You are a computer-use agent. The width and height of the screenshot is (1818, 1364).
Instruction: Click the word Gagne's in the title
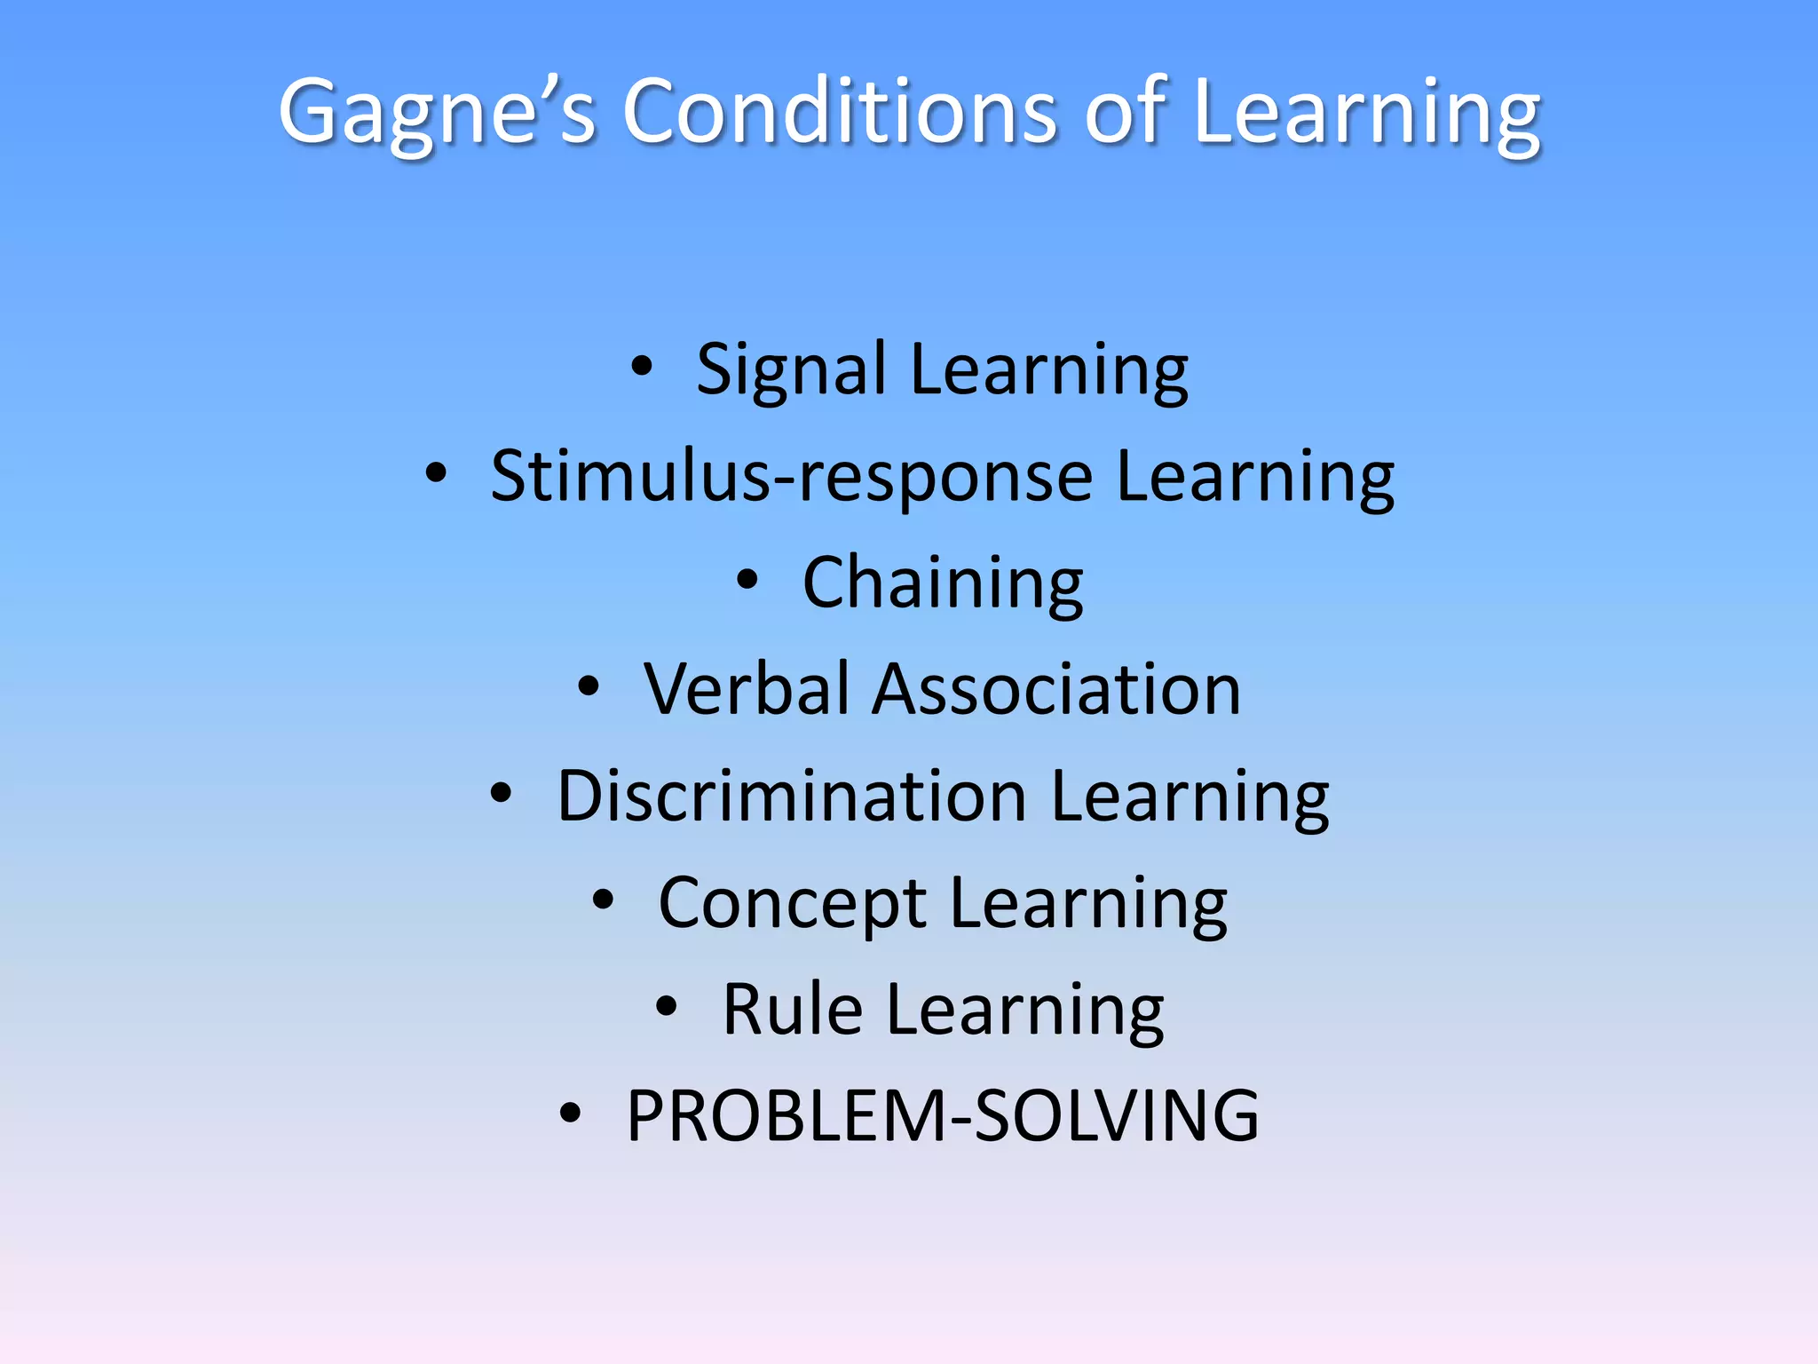pyautogui.click(x=436, y=113)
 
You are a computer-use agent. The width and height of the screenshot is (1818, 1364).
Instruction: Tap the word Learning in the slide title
pyautogui.click(x=1367, y=113)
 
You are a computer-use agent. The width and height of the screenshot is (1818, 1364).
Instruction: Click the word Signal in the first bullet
pyautogui.click(x=791, y=370)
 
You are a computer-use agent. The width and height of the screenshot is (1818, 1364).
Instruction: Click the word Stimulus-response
pyautogui.click(x=791, y=477)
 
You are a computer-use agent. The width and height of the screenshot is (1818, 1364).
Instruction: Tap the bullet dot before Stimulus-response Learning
pyautogui.click(x=436, y=472)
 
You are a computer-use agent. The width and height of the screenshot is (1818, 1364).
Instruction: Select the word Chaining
pyautogui.click(x=943, y=583)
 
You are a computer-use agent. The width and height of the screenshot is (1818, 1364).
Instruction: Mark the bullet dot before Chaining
pyautogui.click(x=747, y=580)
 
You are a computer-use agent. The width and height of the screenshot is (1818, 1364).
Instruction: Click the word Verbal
pyautogui.click(x=747, y=689)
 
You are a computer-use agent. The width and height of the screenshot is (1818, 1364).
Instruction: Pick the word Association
pyautogui.click(x=1055, y=689)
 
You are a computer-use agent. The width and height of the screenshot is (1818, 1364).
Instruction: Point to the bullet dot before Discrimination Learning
pyautogui.click(x=502, y=792)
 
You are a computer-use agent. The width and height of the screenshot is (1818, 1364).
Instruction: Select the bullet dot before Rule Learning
pyautogui.click(x=667, y=1006)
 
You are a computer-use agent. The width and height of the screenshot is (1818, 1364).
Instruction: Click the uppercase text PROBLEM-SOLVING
pyautogui.click(x=943, y=1116)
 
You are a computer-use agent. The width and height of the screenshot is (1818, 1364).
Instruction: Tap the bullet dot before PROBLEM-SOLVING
pyautogui.click(x=570, y=1113)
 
